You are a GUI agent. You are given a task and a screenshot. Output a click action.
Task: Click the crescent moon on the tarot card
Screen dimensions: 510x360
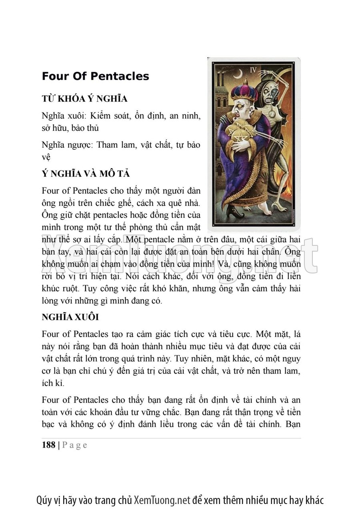pyautogui.click(x=238, y=72)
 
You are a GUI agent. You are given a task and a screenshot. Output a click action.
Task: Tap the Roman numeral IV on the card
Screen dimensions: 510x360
pyautogui.click(x=253, y=69)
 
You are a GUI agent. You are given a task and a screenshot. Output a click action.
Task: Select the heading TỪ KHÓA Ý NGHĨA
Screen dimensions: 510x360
pyautogui.click(x=84, y=99)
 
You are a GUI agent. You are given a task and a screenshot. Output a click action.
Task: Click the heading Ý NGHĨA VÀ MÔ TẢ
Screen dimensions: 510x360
pyautogui.click(x=86, y=174)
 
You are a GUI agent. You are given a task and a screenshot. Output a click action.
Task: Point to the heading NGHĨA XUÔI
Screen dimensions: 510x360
pyautogui.click(x=70, y=317)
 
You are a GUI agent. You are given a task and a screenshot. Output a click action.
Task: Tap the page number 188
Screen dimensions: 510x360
pyautogui.click(x=48, y=445)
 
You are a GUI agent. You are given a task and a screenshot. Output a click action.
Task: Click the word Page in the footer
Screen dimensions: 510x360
pyautogui.click(x=75, y=445)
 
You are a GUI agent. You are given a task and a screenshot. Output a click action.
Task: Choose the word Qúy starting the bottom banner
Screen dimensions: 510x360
pyautogui.click(x=44, y=500)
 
